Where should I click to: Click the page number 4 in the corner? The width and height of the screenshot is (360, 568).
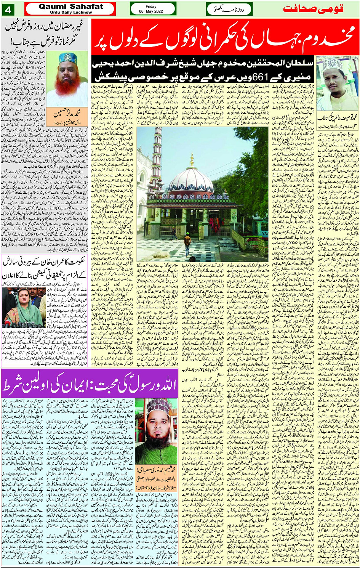click(8, 9)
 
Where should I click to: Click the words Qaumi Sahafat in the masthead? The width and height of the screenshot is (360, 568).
click(70, 6)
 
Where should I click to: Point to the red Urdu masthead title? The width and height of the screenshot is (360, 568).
click(318, 9)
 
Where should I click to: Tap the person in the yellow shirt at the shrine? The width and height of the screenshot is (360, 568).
click(187, 243)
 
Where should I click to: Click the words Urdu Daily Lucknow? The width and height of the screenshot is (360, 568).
click(71, 12)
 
